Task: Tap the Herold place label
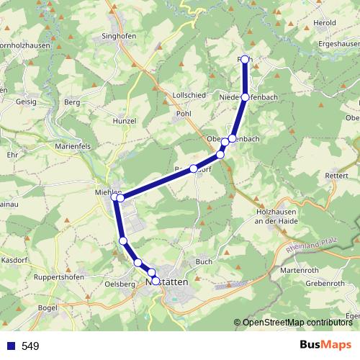325,23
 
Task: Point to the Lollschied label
189,95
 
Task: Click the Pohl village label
184,114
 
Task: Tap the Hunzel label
124,121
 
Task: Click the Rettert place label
336,175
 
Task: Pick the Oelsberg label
120,284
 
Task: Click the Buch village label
203,261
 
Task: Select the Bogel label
48,307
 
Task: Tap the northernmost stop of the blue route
245,59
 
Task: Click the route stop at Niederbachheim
246,96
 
